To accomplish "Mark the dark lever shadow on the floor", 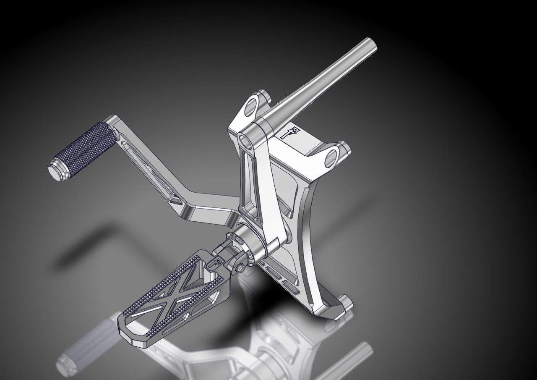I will (84, 252).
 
